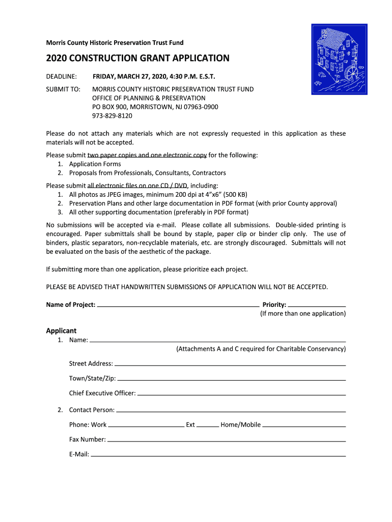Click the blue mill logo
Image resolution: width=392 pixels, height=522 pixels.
click(339, 59)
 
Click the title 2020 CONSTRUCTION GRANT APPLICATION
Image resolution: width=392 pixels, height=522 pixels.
click(137, 58)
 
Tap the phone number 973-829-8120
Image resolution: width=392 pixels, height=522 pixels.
click(112, 116)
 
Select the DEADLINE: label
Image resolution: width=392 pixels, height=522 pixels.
click(62, 76)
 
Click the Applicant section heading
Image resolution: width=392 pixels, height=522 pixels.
click(61, 330)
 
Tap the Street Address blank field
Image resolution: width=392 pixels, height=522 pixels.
click(230, 364)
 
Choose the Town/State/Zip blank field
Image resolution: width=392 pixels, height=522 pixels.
click(232, 379)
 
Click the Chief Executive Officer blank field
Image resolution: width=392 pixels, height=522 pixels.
click(242, 394)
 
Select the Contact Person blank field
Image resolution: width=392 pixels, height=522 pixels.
click(231, 410)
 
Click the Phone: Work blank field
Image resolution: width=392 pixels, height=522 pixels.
click(146, 425)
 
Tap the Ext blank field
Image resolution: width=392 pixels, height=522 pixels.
click(208, 425)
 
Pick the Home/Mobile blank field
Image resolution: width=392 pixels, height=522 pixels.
click(304, 425)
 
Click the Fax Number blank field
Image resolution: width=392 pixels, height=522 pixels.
click(227, 439)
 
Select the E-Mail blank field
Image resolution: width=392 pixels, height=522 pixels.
click(218, 454)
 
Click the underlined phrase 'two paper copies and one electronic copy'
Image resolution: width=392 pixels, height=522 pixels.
click(147, 154)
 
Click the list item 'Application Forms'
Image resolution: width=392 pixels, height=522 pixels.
click(95, 164)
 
